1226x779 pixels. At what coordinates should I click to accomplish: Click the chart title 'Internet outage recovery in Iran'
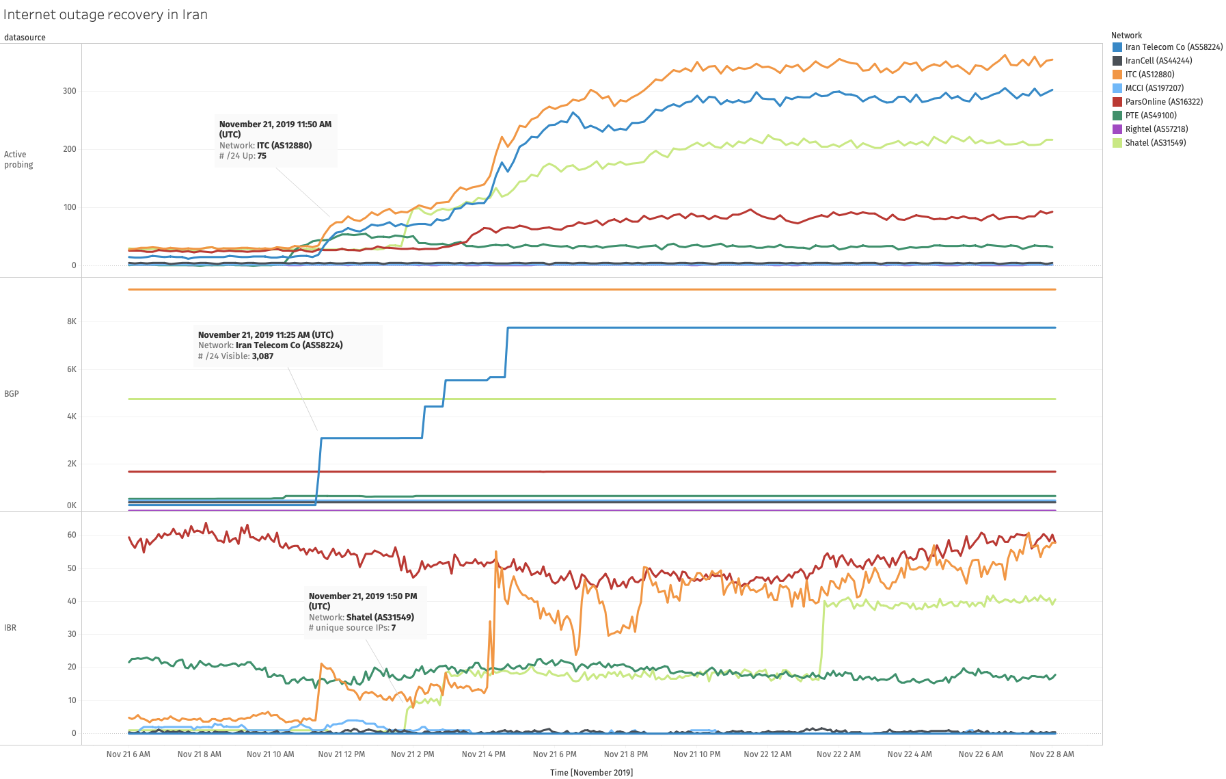click(x=105, y=14)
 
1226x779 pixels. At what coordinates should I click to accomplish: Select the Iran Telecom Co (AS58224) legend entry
click(x=1173, y=47)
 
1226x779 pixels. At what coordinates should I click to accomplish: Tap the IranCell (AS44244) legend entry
click(x=1158, y=61)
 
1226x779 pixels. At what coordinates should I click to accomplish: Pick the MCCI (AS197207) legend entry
click(x=1154, y=88)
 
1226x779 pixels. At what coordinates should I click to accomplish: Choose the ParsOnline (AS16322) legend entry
click(x=1163, y=102)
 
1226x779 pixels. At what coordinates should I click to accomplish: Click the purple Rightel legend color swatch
click(x=1117, y=129)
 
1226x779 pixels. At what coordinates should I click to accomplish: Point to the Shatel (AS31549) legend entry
click(x=1155, y=143)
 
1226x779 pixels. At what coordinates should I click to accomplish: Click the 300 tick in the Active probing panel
click(x=70, y=91)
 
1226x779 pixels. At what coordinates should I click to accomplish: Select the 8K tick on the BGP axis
click(x=72, y=321)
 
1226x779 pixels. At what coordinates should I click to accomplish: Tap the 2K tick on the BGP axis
click(x=72, y=464)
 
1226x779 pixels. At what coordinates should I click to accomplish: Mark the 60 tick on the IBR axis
click(x=72, y=535)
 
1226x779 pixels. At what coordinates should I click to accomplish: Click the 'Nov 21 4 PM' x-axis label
click(x=484, y=754)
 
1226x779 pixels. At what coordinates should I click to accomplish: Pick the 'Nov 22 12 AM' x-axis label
click(x=767, y=754)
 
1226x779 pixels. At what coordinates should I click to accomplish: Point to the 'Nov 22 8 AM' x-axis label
click(x=1052, y=754)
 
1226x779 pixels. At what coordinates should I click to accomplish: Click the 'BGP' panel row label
click(x=12, y=394)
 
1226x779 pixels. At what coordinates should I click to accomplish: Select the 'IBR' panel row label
click(x=10, y=628)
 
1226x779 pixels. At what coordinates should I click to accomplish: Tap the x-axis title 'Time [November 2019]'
click(x=591, y=773)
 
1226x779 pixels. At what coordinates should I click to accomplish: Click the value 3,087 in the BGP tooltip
click(x=262, y=356)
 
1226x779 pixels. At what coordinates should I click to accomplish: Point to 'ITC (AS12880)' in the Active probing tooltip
click(x=284, y=146)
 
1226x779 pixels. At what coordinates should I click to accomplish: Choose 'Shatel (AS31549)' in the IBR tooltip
click(x=380, y=618)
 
